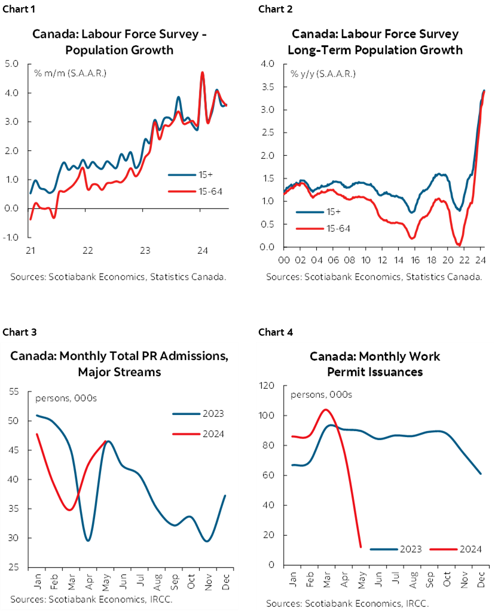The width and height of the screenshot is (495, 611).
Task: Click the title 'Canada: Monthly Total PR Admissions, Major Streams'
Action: [x=120, y=364]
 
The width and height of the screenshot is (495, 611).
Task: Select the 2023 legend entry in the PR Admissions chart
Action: [x=198, y=413]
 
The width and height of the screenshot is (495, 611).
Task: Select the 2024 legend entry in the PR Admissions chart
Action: [x=198, y=434]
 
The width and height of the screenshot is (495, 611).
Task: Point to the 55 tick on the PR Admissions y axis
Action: [x=14, y=392]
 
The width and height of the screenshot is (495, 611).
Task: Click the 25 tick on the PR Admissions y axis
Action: [x=14, y=567]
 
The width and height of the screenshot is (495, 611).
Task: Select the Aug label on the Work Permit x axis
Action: [x=412, y=580]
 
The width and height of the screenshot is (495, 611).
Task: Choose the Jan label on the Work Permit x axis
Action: [x=293, y=580]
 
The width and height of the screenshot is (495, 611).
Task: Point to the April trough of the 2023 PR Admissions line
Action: [x=88, y=541]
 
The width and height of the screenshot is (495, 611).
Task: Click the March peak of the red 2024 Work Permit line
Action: [x=326, y=410]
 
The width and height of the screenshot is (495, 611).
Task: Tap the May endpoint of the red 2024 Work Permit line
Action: [x=360, y=546]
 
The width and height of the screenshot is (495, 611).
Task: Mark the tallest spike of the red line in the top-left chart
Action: [x=202, y=72]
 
